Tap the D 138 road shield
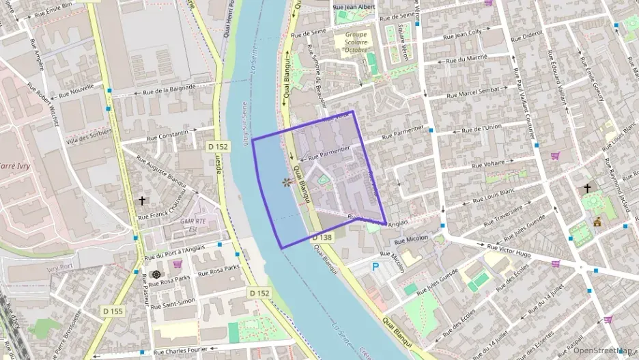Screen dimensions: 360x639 (x=322, y=237)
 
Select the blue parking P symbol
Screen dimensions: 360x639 (x=375, y=267)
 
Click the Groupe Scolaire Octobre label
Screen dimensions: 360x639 (x=355, y=42)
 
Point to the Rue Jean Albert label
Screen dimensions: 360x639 (x=354, y=7)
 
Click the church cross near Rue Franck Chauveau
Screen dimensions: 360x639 (x=142, y=201)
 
